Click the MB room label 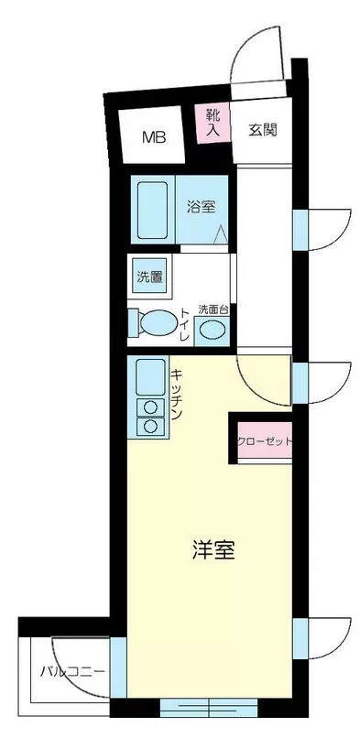click(x=155, y=137)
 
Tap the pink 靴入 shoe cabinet click(x=213, y=124)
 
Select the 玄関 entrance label click(x=263, y=130)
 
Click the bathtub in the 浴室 click(x=152, y=210)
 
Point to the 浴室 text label click(x=202, y=207)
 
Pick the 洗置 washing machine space click(x=149, y=277)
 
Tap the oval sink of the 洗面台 click(x=212, y=330)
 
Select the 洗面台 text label click(x=213, y=309)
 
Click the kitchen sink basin click(x=150, y=377)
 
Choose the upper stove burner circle click(x=150, y=407)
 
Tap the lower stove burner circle click(x=150, y=427)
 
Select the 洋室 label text click(x=213, y=549)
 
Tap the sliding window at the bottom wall click(x=209, y=708)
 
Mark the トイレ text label click(x=184, y=325)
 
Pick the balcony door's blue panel click(x=118, y=667)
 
